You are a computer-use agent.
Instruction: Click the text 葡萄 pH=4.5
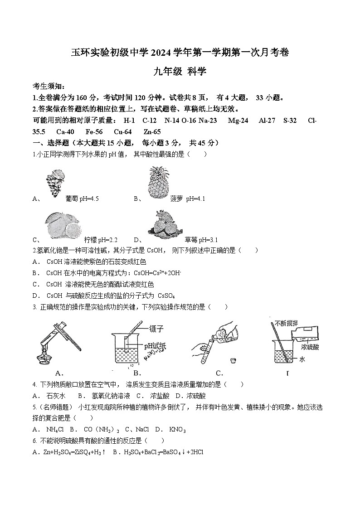[x=82, y=199]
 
